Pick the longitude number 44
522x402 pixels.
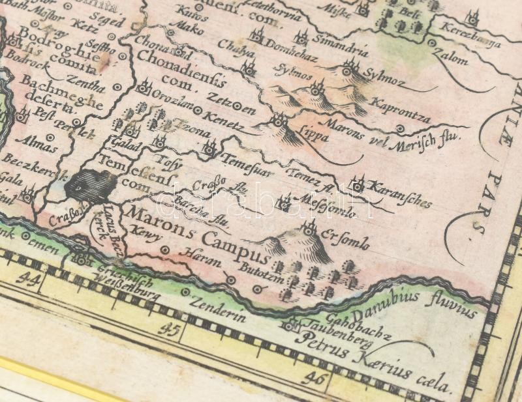[27, 280]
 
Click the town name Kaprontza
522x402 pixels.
[401, 110]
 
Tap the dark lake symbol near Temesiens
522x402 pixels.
[88, 186]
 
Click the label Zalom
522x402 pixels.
[453, 57]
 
